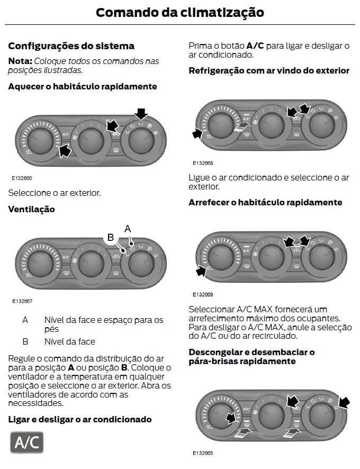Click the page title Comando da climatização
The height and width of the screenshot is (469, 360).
click(179, 12)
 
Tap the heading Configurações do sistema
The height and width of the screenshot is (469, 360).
click(71, 46)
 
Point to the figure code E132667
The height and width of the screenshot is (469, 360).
click(22, 301)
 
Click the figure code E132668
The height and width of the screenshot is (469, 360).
click(203, 163)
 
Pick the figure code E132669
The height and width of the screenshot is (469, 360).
click(203, 294)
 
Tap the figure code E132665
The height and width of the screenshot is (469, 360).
click(203, 453)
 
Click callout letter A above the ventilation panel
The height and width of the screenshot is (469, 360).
click(127, 229)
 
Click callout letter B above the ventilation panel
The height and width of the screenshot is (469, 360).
click(111, 238)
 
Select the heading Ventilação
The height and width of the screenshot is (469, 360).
click(31, 209)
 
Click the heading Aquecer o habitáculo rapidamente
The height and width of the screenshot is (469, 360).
click(82, 86)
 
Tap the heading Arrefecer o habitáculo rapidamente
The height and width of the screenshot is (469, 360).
click(265, 202)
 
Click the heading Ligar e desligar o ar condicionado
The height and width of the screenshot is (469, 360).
click(79, 419)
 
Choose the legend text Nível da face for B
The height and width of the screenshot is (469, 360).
click(70, 341)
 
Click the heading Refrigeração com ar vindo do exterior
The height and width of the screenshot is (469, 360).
click(269, 70)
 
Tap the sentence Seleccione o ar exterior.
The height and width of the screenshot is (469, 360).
click(54, 193)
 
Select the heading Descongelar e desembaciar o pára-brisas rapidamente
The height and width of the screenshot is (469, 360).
click(251, 356)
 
